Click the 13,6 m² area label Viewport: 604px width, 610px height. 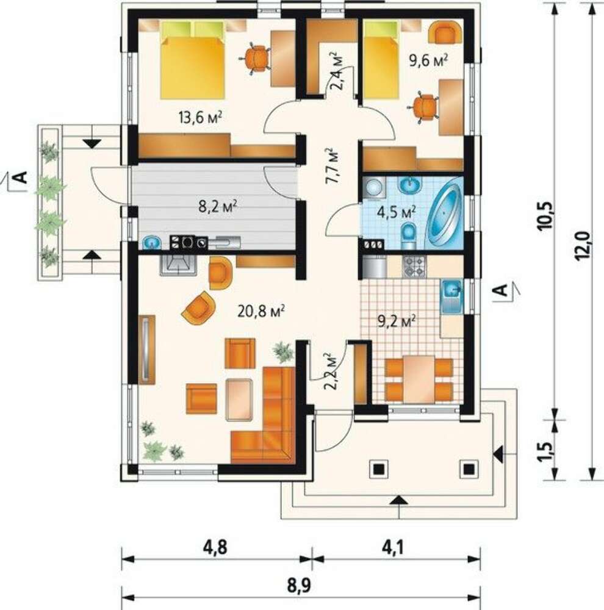(201, 117)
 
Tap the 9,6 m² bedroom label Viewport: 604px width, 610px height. (428, 60)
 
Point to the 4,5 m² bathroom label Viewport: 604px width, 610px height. (397, 212)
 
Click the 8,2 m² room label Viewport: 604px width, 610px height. (218, 206)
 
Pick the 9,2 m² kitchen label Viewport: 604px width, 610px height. (397, 321)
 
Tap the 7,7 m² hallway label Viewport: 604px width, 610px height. (333, 166)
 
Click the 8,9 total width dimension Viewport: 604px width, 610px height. (300, 585)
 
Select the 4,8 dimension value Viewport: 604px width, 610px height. (215, 548)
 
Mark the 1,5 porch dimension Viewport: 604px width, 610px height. (545, 451)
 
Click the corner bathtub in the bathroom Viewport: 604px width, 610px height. (445, 213)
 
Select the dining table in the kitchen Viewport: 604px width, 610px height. (419, 379)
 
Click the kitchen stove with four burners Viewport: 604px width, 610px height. (414, 267)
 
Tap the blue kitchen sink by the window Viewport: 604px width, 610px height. (451, 296)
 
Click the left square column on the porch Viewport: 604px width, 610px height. (378, 469)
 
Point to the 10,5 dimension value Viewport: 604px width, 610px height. (545, 217)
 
